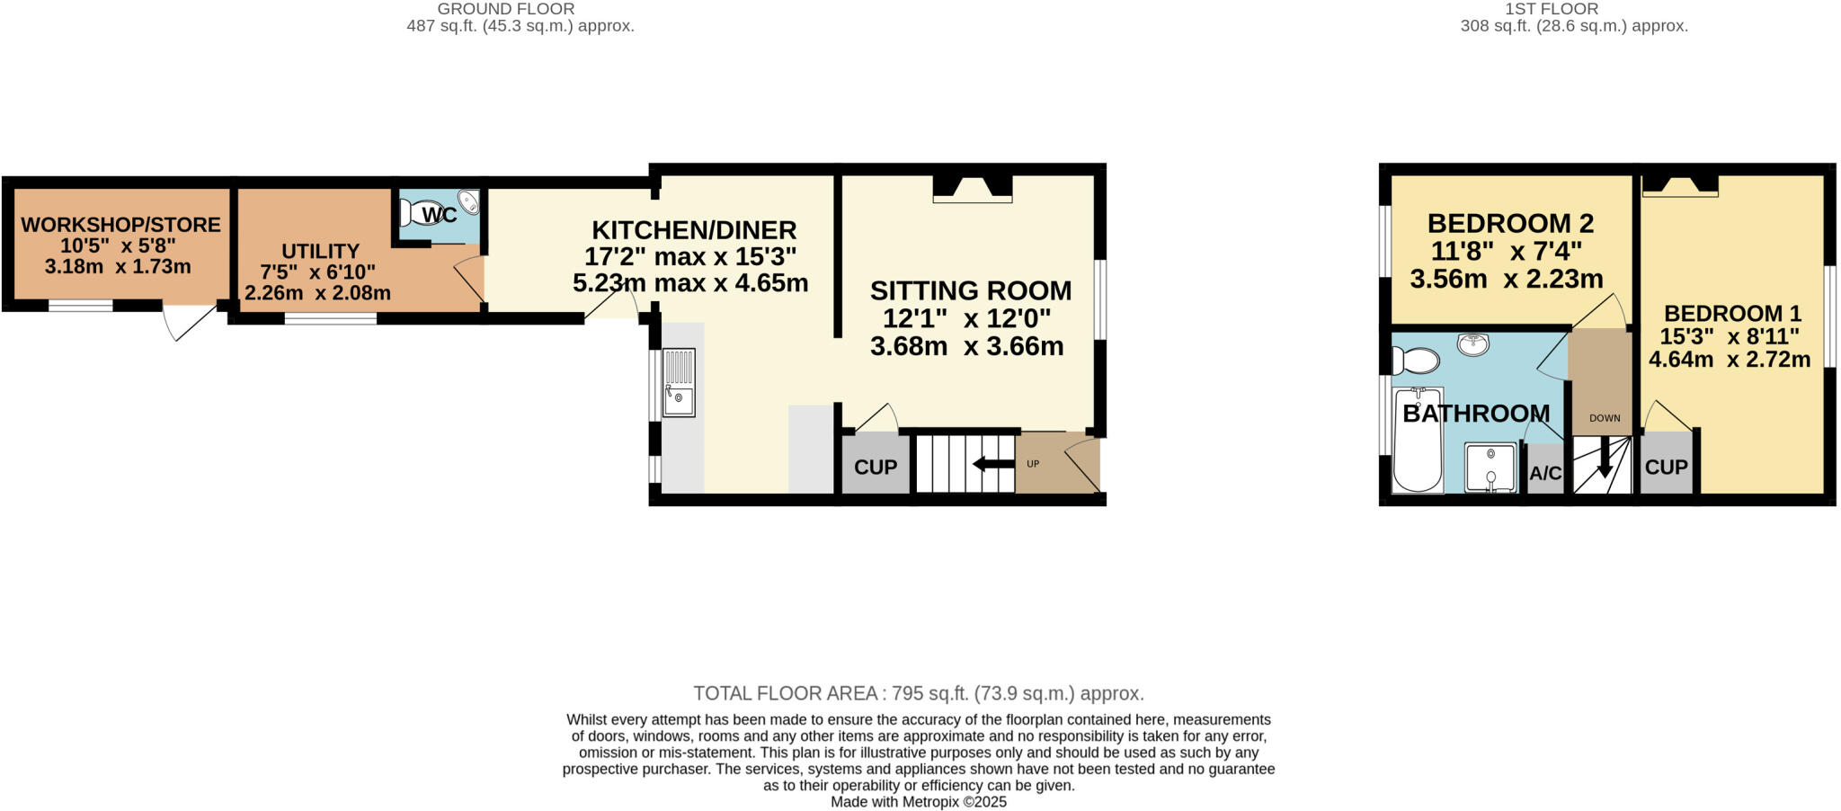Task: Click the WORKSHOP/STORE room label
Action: pyautogui.click(x=120, y=225)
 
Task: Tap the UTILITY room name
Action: pyautogui.click(x=320, y=252)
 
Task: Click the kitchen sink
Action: pyautogui.click(x=679, y=384)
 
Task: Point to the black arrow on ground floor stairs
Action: pyautogui.click(x=992, y=464)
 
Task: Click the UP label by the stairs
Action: pyautogui.click(x=1033, y=464)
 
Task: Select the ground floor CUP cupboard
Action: pyautogui.click(x=875, y=467)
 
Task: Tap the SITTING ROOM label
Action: pyautogui.click(x=971, y=290)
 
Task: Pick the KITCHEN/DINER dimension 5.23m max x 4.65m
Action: pyautogui.click(x=690, y=283)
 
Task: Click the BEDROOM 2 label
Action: pyautogui.click(x=1510, y=223)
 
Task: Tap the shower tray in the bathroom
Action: pyautogui.click(x=1490, y=468)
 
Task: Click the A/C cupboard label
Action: pyautogui.click(x=1545, y=473)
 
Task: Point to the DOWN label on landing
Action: pyautogui.click(x=1605, y=418)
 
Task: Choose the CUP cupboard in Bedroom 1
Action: pyautogui.click(x=1666, y=467)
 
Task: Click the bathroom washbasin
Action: pyautogui.click(x=1472, y=344)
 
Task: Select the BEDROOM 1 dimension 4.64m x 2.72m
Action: pyautogui.click(x=1730, y=360)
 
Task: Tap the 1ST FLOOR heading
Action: pyautogui.click(x=1564, y=9)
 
